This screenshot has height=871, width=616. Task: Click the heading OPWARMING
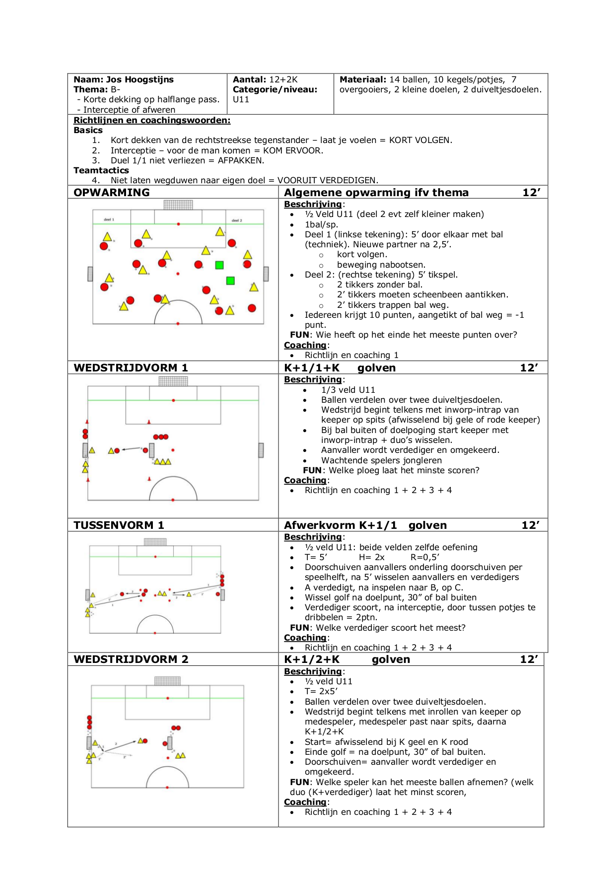pyautogui.click(x=111, y=193)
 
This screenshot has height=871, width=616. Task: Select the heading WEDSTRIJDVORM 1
pyautogui.click(x=131, y=368)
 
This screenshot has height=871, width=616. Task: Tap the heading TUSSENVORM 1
pyautogui.click(x=119, y=525)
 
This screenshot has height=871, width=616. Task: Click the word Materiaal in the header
pyautogui.click(x=362, y=79)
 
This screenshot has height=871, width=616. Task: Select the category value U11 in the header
pyautogui.click(x=241, y=99)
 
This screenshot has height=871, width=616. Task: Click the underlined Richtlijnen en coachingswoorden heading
pyautogui.click(x=152, y=120)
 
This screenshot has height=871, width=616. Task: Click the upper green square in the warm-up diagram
pyautogui.click(x=219, y=265)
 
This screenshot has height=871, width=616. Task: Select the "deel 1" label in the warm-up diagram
pyautogui.click(x=109, y=219)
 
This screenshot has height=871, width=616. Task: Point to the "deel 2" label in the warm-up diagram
pyautogui.click(x=237, y=220)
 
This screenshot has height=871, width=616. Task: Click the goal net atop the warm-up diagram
pyautogui.click(x=178, y=205)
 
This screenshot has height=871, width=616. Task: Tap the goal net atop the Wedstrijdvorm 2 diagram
pyautogui.click(x=167, y=681)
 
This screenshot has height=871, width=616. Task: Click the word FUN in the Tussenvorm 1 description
pyautogui.click(x=299, y=628)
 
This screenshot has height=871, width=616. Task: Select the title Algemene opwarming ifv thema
pyautogui.click(x=376, y=193)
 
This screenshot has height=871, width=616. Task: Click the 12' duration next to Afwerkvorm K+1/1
pyautogui.click(x=531, y=525)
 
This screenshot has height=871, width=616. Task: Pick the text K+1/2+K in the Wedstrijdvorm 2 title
pyautogui.click(x=312, y=659)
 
